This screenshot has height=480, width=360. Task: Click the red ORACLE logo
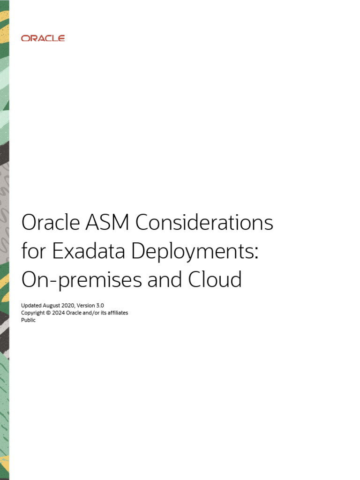[43, 38]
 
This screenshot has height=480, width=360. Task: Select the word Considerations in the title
[204, 223]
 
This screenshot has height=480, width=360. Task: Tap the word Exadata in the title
[89, 252]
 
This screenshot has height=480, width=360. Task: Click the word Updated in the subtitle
[31, 305]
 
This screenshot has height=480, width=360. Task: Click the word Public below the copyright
[28, 320]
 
